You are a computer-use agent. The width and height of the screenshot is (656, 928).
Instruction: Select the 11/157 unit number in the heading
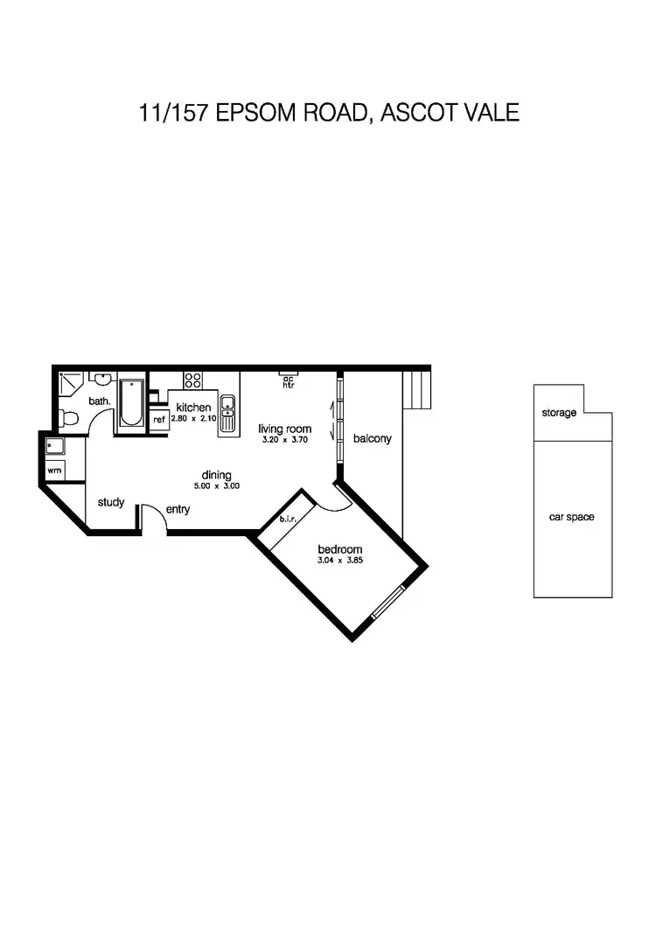click(x=168, y=113)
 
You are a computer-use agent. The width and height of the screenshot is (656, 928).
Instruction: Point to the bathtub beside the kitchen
click(x=131, y=402)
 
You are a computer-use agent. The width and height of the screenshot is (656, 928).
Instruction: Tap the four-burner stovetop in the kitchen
click(x=193, y=380)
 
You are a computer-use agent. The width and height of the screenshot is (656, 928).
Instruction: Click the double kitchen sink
click(x=227, y=414)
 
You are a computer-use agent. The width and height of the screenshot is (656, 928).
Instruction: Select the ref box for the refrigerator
click(x=159, y=420)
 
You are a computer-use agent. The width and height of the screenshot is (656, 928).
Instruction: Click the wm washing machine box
click(x=53, y=471)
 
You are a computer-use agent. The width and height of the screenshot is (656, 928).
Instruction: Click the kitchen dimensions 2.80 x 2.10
click(x=192, y=419)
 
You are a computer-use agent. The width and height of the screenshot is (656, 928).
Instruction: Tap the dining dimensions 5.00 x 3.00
click(x=217, y=486)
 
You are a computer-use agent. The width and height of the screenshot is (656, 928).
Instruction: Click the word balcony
click(x=372, y=438)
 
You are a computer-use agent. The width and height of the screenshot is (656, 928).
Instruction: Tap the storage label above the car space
click(x=559, y=412)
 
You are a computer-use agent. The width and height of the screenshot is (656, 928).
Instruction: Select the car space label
click(x=571, y=517)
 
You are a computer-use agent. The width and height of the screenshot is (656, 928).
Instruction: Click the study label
click(x=111, y=502)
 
